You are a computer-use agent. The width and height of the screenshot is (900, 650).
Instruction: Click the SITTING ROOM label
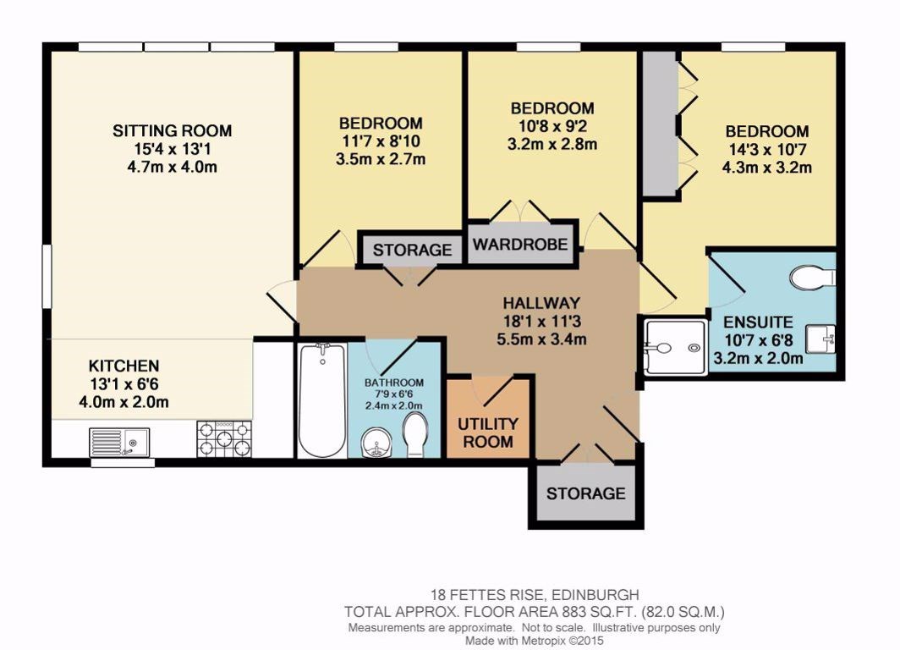pyautogui.click(x=172, y=130)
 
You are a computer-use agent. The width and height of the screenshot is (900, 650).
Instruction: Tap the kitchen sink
pyautogui.click(x=119, y=441)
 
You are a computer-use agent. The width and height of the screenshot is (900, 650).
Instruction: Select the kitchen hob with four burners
pyautogui.click(x=224, y=439)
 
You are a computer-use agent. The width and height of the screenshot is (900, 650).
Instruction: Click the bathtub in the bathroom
pyautogui.click(x=321, y=399)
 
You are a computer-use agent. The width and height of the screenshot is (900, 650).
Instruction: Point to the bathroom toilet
pyautogui.click(x=415, y=437)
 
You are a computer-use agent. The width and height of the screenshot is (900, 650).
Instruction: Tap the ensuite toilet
pyautogui.click(x=814, y=277)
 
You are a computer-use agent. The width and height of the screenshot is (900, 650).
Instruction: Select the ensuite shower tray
pyautogui.click(x=674, y=347)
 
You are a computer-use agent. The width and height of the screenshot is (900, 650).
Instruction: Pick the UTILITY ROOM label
pyautogui.click(x=488, y=432)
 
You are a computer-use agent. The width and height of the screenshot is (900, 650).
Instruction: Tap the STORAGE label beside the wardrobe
pyautogui.click(x=412, y=250)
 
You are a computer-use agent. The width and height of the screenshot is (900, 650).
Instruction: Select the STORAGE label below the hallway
pyautogui.click(x=585, y=493)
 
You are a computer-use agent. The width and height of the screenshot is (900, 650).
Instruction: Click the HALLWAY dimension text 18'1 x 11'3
pyautogui.click(x=541, y=322)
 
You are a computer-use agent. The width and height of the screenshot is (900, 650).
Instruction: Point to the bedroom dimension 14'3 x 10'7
pyautogui.click(x=766, y=150)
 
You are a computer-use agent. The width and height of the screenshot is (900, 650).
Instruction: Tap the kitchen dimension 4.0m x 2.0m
pyautogui.click(x=123, y=402)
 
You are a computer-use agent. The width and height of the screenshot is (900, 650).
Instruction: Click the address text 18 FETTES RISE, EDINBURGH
pyautogui.click(x=534, y=595)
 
